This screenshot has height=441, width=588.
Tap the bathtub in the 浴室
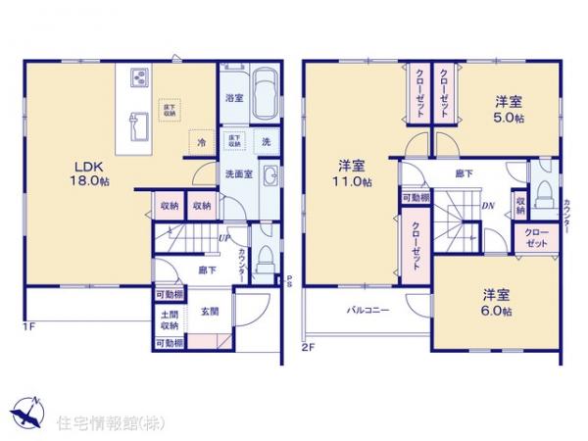tap(264, 97)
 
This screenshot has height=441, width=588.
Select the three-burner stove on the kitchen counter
tap(136, 76)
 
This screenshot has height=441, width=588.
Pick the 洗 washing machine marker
tap(266, 142)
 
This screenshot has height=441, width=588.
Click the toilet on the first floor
tap(266, 257)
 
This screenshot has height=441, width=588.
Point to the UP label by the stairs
tap(225, 238)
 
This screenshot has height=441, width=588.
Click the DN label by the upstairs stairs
tap(487, 206)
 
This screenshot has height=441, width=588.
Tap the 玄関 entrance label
tap(211, 312)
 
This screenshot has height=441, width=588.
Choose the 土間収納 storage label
tap(170, 319)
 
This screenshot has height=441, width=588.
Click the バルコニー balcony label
tap(367, 311)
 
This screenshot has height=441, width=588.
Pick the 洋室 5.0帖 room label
tap(507, 108)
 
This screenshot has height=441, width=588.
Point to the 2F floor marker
tap(308, 347)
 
